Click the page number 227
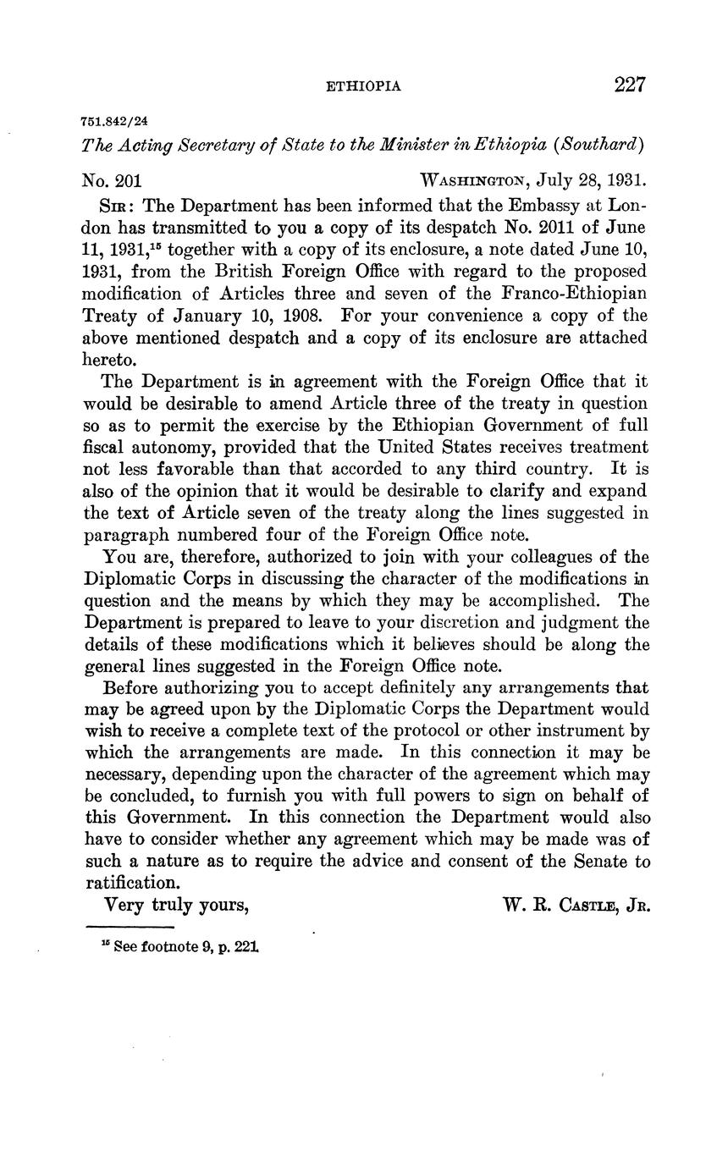pyautogui.click(x=631, y=85)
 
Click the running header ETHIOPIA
pyautogui.click(x=364, y=86)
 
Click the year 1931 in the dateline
pyautogui.click(x=627, y=180)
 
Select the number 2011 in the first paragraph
pyautogui.click(x=551, y=228)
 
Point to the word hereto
pyautogui.click(x=109, y=360)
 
